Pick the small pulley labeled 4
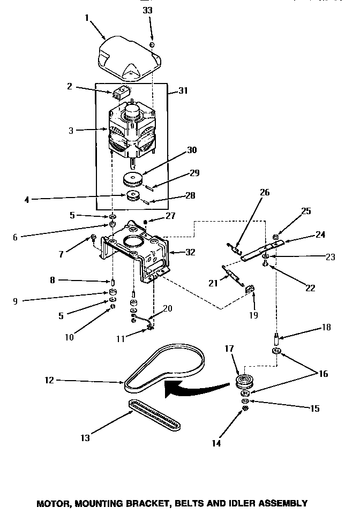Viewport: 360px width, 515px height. point(132,196)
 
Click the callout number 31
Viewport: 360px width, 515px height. point(183,92)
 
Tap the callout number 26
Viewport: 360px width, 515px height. point(265,193)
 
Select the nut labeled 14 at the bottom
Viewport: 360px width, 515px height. point(245,408)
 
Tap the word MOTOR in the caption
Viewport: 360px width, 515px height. point(54,503)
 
